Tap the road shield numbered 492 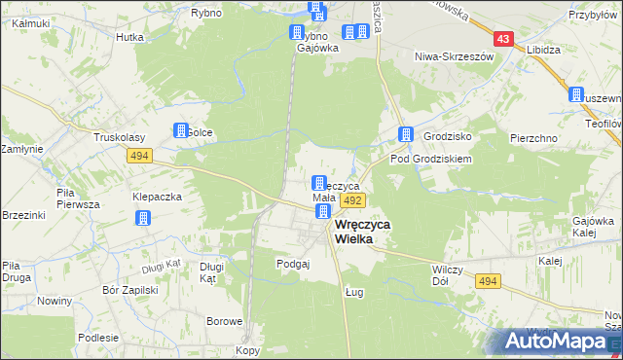(352, 200)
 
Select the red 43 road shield (502, 39)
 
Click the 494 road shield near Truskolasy (138, 155)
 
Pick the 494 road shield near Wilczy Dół (488, 281)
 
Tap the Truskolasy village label (118, 138)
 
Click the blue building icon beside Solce (181, 130)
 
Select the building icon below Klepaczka (144, 218)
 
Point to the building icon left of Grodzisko (405, 135)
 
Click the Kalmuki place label (32, 22)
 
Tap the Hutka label (129, 37)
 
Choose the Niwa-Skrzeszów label (455, 56)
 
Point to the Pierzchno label (533, 138)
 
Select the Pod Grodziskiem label (431, 158)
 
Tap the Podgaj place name (292, 264)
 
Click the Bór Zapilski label (129, 290)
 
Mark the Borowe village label (223, 320)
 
